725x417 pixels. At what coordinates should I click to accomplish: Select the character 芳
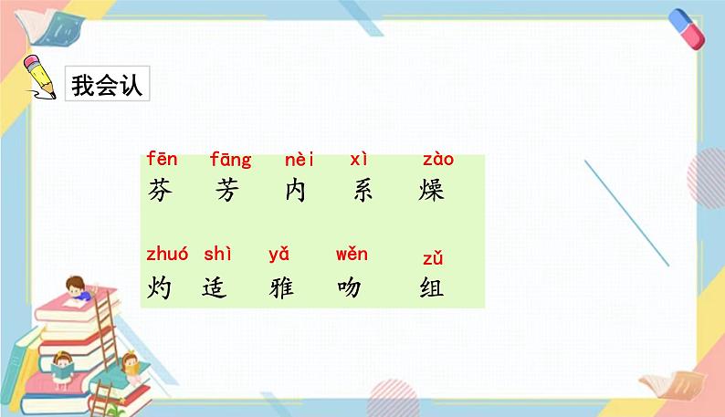point(226,192)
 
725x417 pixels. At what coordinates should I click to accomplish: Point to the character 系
point(362,192)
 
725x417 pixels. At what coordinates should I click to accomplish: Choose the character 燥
point(430,192)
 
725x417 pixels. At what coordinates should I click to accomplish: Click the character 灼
point(159,288)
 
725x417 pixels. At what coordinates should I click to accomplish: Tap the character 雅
point(282,288)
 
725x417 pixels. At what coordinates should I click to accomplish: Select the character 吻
point(349,288)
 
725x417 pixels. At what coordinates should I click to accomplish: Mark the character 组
point(431,288)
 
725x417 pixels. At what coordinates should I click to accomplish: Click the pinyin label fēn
point(162,160)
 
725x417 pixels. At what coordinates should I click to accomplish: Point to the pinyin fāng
point(230,161)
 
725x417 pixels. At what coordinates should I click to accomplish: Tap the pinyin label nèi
point(299,160)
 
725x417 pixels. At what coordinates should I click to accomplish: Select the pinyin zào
point(438,160)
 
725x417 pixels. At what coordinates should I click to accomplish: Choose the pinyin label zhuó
point(166,255)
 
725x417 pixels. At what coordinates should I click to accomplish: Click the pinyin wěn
point(352,255)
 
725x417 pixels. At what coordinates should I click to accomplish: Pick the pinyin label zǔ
point(433,259)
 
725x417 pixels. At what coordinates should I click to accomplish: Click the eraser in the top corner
point(687,28)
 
